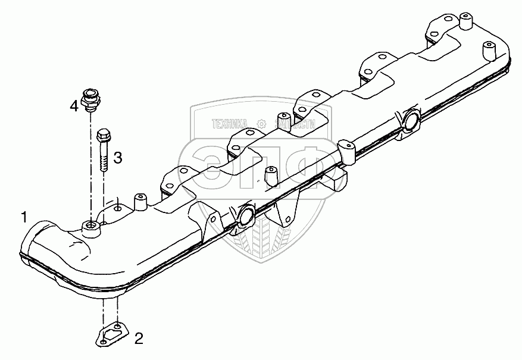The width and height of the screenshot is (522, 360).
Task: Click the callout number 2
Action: click(x=138, y=339)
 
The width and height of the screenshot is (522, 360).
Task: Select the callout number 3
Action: click(x=118, y=158)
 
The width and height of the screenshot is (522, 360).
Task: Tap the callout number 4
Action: click(x=73, y=106)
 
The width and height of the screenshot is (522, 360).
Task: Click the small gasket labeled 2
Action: click(x=111, y=334)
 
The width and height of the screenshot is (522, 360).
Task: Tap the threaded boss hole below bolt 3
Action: click(x=90, y=225)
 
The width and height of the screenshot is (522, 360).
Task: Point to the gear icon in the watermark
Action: click(x=261, y=124)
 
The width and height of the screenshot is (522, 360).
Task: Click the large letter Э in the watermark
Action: click(x=208, y=164)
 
